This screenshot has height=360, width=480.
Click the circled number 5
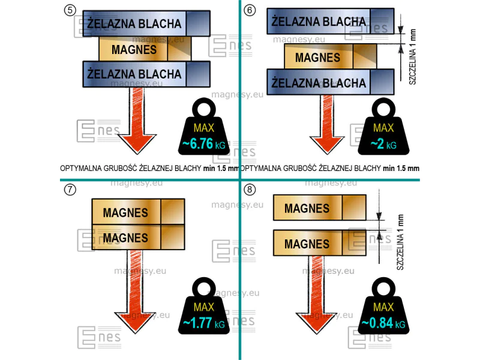[70, 10]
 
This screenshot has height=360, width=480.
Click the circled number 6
[250, 10]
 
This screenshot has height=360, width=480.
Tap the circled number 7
[70, 190]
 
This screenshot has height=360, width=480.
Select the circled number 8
[250, 190]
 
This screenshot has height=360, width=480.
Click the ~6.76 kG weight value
[203, 144]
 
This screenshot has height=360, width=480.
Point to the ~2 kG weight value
[383, 144]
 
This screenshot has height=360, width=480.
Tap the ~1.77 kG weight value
[203, 323]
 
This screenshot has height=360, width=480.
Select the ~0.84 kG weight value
[383, 323]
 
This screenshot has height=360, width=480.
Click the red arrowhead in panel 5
[137, 143]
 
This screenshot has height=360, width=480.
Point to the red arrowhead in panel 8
[316, 322]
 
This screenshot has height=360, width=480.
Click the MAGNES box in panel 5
[145, 49]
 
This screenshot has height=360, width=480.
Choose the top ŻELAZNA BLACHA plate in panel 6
[331, 21]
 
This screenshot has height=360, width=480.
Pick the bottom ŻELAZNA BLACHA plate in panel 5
[146, 74]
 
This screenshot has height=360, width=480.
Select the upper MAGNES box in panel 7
[138, 212]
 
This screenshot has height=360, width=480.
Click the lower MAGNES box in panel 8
[320, 243]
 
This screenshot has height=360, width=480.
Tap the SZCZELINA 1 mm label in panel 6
[412, 56]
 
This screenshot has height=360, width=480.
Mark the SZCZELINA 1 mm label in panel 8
[400, 242]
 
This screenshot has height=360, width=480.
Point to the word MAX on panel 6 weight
[383, 128]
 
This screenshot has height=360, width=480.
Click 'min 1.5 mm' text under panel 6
[401, 168]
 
